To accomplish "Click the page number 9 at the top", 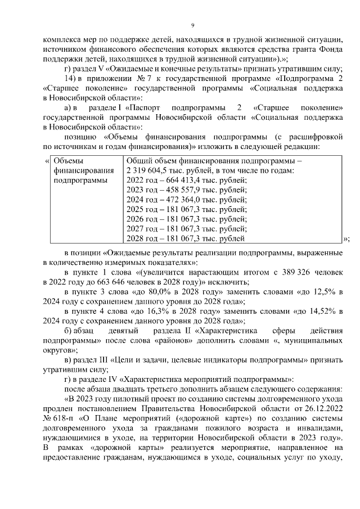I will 192,25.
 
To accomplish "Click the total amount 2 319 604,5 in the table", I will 148,170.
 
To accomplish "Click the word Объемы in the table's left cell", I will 67,161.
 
